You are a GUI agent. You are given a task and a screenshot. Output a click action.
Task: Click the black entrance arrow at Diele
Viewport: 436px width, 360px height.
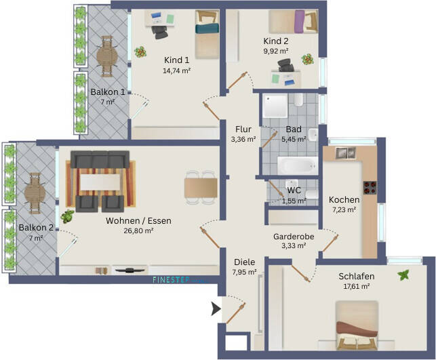[216, 309]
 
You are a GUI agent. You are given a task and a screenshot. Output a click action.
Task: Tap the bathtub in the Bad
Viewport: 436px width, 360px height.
[296, 165]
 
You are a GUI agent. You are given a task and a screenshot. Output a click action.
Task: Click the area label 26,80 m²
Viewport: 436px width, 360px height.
[139, 231]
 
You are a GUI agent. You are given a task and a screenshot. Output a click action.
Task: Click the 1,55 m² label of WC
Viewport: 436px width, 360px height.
[294, 201]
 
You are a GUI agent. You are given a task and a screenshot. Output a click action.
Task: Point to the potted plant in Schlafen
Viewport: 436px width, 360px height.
[405, 275]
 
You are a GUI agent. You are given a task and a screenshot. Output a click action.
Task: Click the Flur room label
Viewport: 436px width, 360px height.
[243, 129]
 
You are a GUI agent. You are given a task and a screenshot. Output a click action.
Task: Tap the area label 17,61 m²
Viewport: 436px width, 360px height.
[356, 286]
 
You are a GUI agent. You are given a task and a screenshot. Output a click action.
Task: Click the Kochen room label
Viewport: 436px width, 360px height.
[344, 200]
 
